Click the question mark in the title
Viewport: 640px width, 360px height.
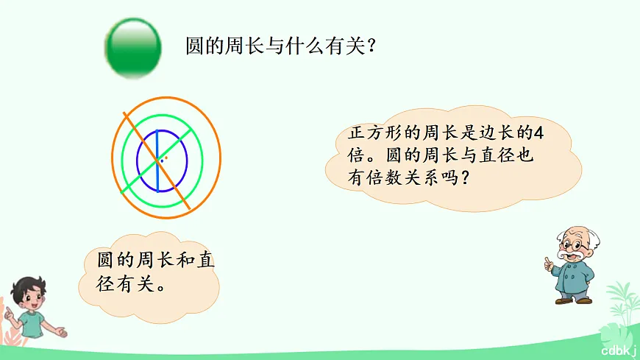click(372, 47)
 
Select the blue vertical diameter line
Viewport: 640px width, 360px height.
click(156, 160)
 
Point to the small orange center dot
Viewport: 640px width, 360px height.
click(166, 157)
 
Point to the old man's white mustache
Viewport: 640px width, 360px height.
click(572, 255)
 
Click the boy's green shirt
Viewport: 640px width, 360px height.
click(32, 325)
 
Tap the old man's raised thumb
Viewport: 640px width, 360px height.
click(547, 260)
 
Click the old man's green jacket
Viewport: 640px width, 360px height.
click(575, 276)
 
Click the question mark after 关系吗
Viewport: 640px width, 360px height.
click(463, 178)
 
